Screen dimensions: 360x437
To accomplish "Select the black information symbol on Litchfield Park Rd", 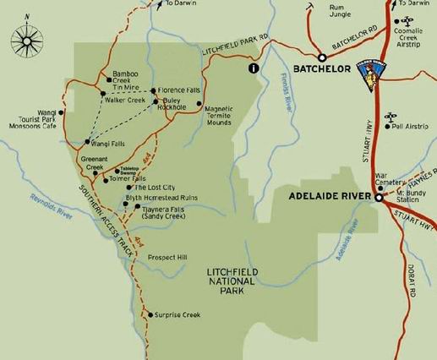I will pos(252,68).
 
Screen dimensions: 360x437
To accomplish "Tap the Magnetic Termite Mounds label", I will pos(219,113).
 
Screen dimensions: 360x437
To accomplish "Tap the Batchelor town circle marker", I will pos(321,57).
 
